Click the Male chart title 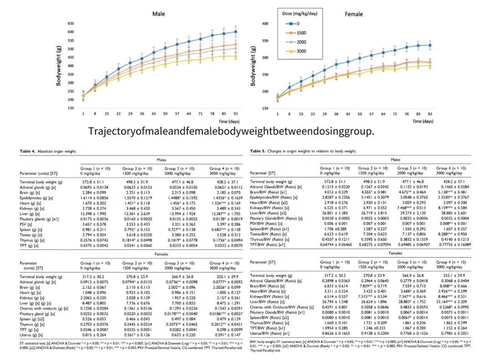pos(159,15)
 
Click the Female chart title pos(354,14)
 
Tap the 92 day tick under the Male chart pos(236,113)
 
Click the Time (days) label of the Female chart pos(423,122)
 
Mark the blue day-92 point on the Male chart pos(236,31)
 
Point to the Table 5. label pos(257,151)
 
